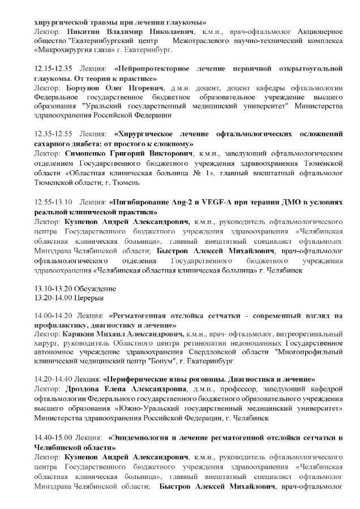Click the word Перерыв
[89, 296]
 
